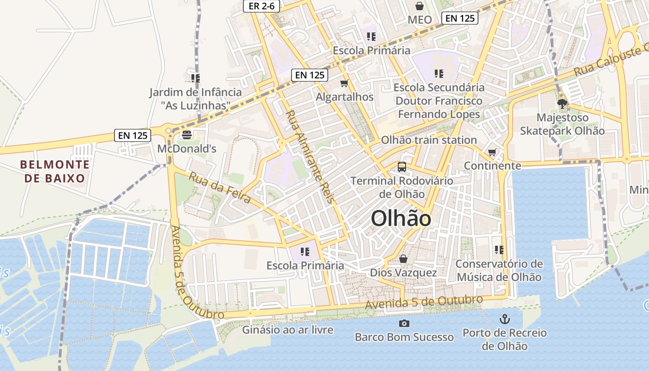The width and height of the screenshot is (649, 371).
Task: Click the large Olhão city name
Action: coord(401,218)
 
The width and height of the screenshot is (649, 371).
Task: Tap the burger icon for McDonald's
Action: coord(187,135)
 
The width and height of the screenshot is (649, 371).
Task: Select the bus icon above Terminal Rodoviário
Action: coord(402,167)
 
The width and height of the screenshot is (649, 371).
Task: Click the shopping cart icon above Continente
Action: coord(492,152)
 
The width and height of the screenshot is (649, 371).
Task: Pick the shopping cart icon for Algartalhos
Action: coord(344,83)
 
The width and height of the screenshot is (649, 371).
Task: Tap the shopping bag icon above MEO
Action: coord(420,6)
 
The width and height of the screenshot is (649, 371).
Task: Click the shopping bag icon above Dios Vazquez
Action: coord(403,259)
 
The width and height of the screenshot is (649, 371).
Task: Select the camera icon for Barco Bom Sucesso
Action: coord(404,323)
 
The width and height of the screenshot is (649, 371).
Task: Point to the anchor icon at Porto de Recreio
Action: coord(504,319)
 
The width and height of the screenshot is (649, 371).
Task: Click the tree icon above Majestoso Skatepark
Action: coord(562,104)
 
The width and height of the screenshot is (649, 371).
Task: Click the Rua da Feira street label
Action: coord(220,187)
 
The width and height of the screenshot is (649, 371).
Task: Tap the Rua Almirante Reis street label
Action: coord(309,156)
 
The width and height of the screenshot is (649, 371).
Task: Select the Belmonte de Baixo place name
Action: coord(55,171)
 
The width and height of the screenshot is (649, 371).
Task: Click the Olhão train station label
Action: coord(428,140)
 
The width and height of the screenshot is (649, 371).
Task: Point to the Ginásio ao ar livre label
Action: coord(287,330)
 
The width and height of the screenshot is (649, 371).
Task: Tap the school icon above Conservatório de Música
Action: coord(499,250)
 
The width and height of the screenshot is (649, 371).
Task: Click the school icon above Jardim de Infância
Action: coord(195,78)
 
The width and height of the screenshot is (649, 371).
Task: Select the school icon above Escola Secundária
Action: coord(439,73)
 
